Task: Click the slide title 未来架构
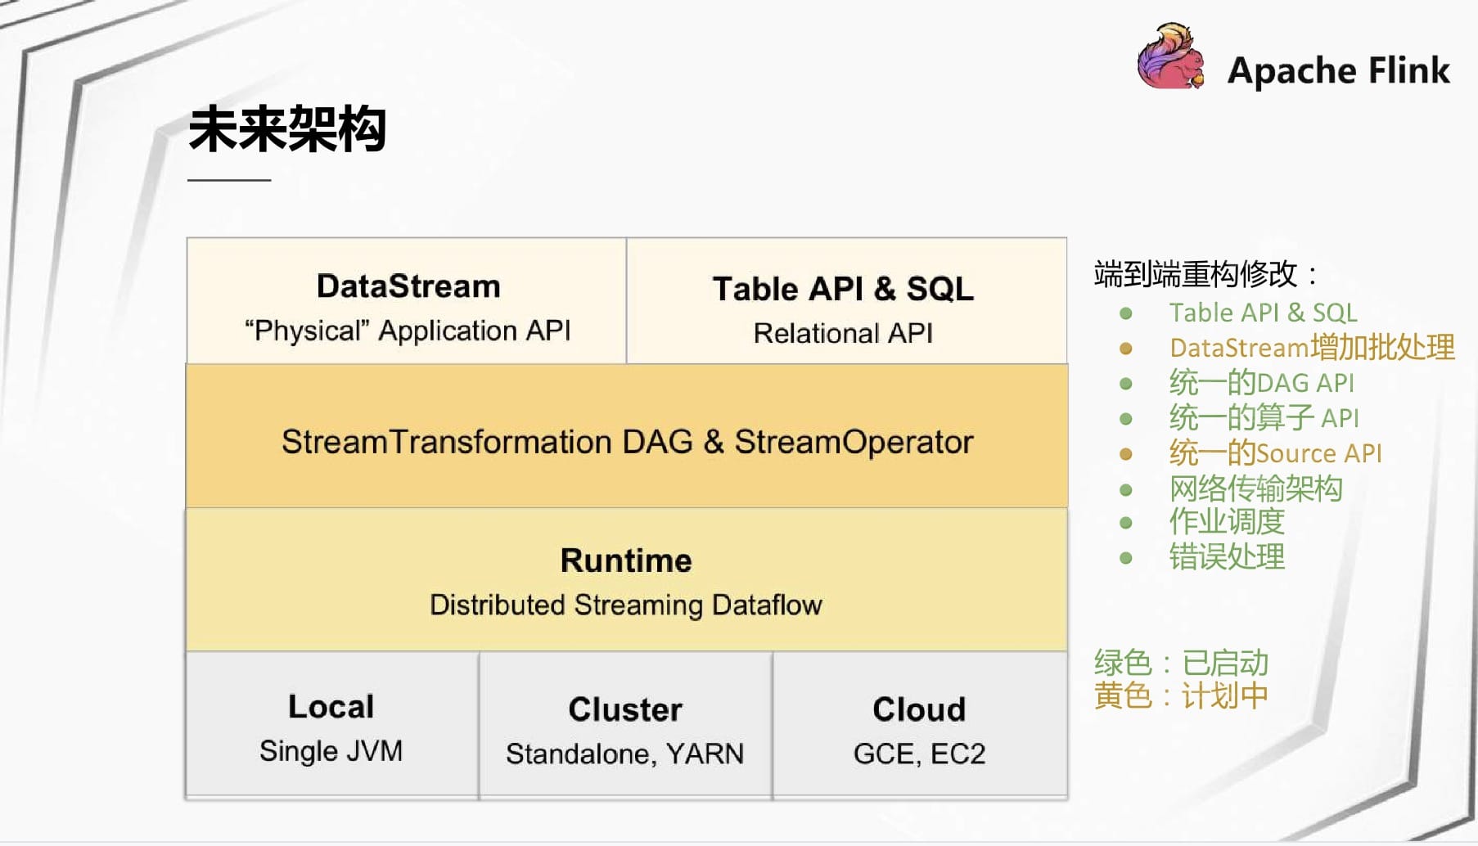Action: (x=287, y=129)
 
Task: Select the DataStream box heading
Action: (x=408, y=286)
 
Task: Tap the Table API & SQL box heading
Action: (x=843, y=289)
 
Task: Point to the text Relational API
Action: (x=843, y=333)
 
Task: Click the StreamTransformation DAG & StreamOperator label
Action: (x=628, y=442)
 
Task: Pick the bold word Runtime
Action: (x=626, y=560)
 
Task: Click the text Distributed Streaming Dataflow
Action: (x=626, y=605)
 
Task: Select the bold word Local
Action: (x=331, y=707)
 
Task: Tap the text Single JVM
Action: (x=331, y=751)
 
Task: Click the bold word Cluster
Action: (x=625, y=709)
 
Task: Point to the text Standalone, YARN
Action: (x=625, y=754)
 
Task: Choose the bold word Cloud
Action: (x=919, y=709)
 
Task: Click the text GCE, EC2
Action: (x=919, y=754)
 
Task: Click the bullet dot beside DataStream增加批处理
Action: (x=1126, y=349)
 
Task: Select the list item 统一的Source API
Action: (x=1275, y=452)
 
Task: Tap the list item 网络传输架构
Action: (x=1255, y=488)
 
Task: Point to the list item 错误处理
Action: (x=1227, y=557)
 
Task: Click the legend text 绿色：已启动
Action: (x=1181, y=663)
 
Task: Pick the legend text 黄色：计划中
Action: (x=1181, y=696)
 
